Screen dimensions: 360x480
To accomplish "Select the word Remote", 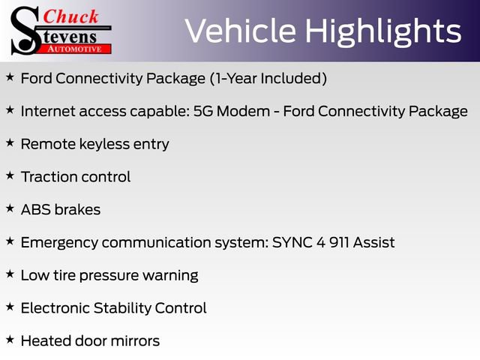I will (x=48, y=144).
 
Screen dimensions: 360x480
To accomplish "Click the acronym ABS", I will (x=36, y=210).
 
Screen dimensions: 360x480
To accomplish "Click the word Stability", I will (x=122, y=308).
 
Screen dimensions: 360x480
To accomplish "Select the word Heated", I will (x=46, y=341).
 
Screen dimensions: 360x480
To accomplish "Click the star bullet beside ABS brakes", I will (x=10, y=208).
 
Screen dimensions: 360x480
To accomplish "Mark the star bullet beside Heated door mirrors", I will (x=10, y=339).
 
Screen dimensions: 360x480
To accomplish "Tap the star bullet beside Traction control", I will (x=10, y=175).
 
